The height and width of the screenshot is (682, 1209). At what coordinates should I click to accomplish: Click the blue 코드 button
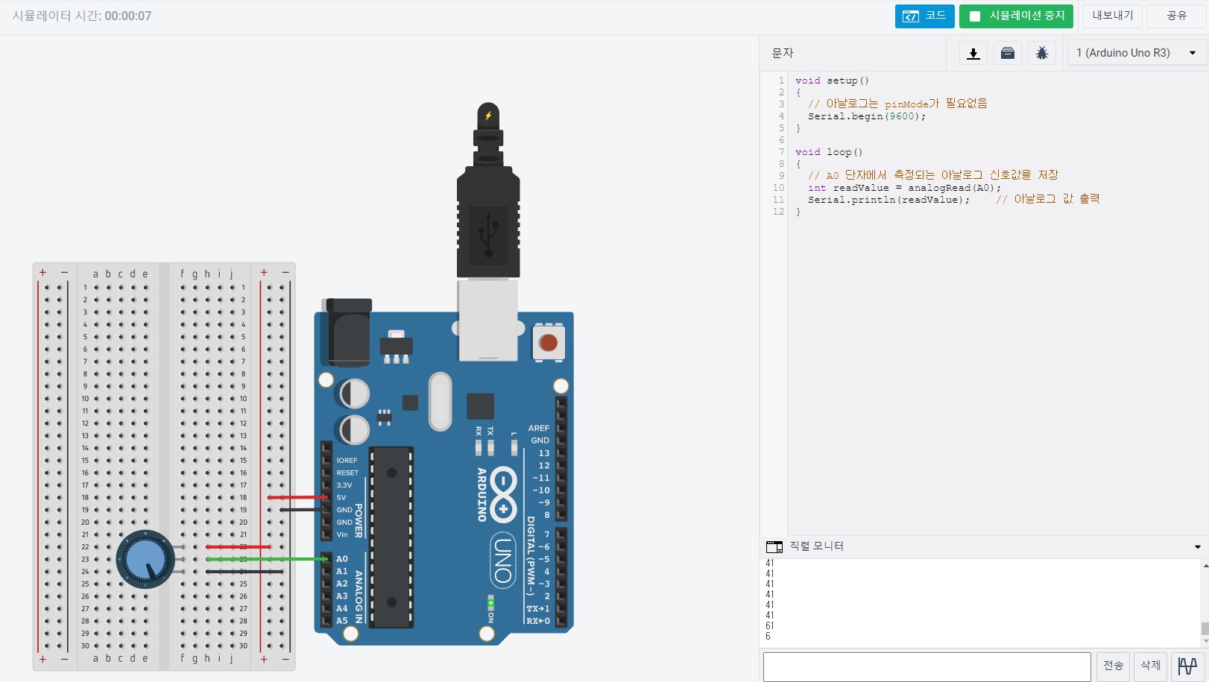924,16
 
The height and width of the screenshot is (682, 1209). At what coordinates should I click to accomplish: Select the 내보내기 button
1112,16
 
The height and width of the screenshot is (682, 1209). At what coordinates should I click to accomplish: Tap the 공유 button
1176,16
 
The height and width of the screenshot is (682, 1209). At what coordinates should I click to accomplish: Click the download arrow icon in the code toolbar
973,53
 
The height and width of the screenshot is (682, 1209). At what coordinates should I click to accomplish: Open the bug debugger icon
1041,53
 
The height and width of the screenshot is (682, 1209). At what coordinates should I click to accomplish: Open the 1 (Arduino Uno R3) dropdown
1136,53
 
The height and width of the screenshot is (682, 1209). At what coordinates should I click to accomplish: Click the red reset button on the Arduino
548,343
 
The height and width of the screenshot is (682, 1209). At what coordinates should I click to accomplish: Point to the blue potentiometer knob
145,559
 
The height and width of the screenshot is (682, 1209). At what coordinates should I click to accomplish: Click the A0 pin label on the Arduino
342,559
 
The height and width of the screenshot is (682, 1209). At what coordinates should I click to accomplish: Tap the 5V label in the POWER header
341,497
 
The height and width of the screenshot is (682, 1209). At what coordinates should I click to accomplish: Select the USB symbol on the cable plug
488,235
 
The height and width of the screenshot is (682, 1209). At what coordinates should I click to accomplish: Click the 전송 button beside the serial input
1113,666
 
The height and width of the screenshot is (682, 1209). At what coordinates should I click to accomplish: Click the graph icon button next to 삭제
1187,666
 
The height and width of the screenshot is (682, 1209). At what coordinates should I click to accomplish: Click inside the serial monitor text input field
927,666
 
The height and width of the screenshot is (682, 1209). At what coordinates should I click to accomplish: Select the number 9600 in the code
902,116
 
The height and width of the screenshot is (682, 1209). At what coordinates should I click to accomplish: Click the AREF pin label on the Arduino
538,428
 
